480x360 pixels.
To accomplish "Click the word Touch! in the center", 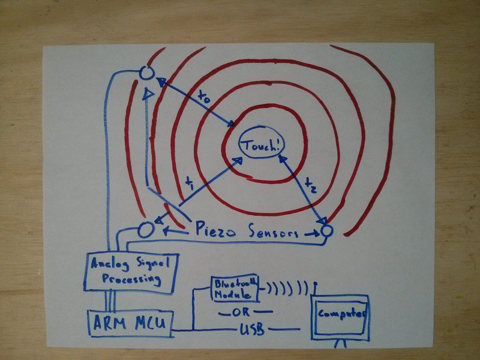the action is pyautogui.click(x=262, y=145).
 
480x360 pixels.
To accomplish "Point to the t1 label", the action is pyautogui.click(x=190, y=184).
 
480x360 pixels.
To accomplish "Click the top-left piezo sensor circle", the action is pyautogui.click(x=146, y=73).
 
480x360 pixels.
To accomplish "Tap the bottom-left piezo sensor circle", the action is pyautogui.click(x=146, y=230).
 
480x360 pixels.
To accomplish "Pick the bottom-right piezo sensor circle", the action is pyautogui.click(x=326, y=230).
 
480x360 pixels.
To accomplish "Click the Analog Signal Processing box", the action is pyautogui.click(x=131, y=272).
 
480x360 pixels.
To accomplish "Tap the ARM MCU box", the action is pyautogui.click(x=131, y=323).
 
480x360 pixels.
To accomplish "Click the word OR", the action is pyautogui.click(x=241, y=313).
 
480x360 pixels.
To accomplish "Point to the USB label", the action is pyautogui.click(x=251, y=329).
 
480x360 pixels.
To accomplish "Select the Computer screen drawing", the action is pyautogui.click(x=340, y=317).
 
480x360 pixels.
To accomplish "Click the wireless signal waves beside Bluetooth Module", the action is pyautogui.click(x=287, y=288).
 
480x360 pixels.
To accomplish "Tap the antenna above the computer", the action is pyautogui.click(x=316, y=289).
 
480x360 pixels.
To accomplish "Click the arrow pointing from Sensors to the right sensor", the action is pyautogui.click(x=311, y=234).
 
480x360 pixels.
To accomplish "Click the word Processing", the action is pyautogui.click(x=131, y=279).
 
